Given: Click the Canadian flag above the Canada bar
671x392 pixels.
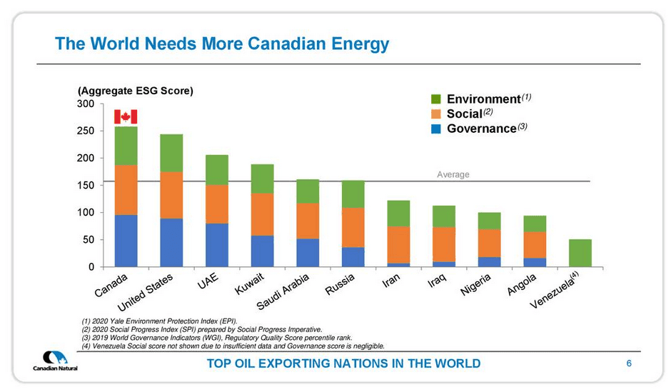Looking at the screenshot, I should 126,117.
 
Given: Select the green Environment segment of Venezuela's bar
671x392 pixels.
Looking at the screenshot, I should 580,253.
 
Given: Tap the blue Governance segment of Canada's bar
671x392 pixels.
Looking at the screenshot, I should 126,241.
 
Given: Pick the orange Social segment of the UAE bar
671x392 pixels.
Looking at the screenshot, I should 217,204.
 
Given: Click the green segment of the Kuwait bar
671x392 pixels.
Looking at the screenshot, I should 263,179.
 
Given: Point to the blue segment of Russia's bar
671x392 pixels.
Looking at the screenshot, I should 353,257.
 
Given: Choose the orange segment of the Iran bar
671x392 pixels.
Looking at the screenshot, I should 399,245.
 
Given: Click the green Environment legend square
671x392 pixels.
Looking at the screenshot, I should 437,99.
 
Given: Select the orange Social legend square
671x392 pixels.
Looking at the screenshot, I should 437,114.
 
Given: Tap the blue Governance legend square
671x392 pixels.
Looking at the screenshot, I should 437,129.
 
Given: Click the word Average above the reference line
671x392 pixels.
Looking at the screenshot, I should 453,174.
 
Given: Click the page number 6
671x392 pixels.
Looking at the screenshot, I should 629,363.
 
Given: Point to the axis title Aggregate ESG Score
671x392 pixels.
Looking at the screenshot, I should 136,91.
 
